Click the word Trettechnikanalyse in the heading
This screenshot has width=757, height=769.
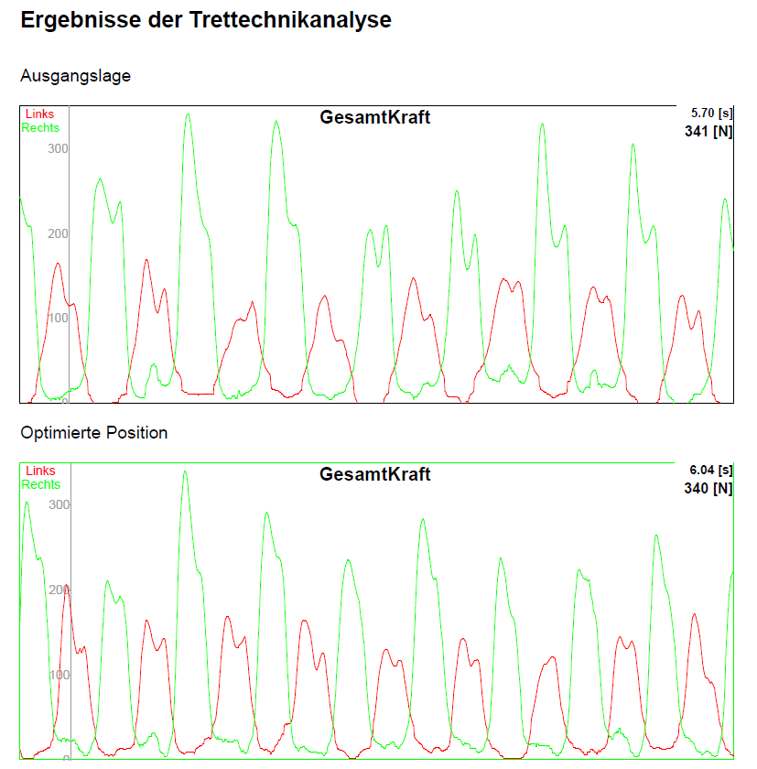pyautogui.click(x=290, y=20)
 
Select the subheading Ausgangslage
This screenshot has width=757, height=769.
pyautogui.click(x=75, y=76)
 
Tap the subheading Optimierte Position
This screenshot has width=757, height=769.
pyautogui.click(x=93, y=433)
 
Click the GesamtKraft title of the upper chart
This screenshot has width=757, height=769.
pyautogui.click(x=374, y=117)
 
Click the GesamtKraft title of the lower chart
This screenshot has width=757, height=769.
pyautogui.click(x=374, y=474)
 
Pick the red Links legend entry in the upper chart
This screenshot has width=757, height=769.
pyautogui.click(x=39, y=114)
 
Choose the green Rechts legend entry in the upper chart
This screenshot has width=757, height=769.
pyautogui.click(x=41, y=128)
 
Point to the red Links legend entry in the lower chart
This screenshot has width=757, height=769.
pyautogui.click(x=39, y=471)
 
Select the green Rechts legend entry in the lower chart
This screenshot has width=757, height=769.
pyautogui.click(x=41, y=485)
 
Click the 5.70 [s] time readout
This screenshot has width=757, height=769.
pyautogui.click(x=711, y=113)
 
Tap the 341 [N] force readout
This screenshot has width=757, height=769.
pyautogui.click(x=708, y=132)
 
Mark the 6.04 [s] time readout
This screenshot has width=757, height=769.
pyautogui.click(x=711, y=470)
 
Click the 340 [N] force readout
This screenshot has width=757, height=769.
pyautogui.click(x=708, y=489)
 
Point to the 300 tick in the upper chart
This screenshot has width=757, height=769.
pyautogui.click(x=59, y=148)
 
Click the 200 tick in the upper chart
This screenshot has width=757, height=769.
pyautogui.click(x=59, y=233)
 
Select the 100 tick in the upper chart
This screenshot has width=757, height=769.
pyautogui.click(x=59, y=318)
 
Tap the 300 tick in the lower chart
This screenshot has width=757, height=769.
pyautogui.click(x=59, y=504)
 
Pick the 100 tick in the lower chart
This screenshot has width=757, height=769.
pyautogui.click(x=59, y=675)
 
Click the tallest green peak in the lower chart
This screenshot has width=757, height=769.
pyautogui.click(x=184, y=472)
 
